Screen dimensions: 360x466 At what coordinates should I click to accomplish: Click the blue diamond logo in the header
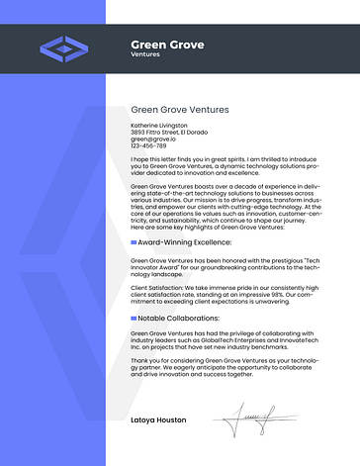click(x=62, y=47)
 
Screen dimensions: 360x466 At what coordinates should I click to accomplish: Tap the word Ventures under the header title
click(x=144, y=54)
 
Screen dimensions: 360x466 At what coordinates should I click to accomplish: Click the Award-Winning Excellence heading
click(x=184, y=241)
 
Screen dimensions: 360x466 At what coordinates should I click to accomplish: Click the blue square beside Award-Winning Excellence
click(x=134, y=241)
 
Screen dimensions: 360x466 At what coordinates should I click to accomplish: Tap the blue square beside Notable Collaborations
click(x=134, y=319)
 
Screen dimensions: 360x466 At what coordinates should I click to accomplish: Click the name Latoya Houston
click(x=158, y=419)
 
